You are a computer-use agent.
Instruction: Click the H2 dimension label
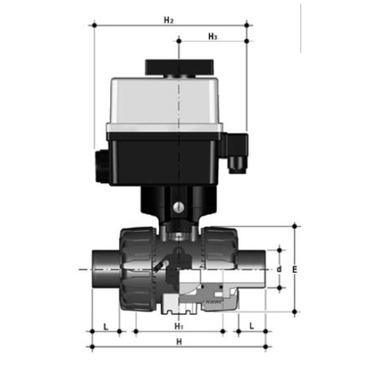click(169, 20)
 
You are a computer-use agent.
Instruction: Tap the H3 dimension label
click(212, 36)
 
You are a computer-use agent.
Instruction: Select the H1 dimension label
click(179, 326)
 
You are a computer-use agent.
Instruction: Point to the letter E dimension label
click(295, 269)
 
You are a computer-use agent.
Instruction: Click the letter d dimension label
click(279, 269)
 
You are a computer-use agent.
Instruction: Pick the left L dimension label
click(106, 327)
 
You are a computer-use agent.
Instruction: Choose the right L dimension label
click(252, 326)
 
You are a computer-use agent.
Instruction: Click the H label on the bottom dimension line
click(179, 342)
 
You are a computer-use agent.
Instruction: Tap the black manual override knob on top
click(179, 67)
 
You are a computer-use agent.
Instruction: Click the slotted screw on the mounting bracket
click(178, 207)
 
